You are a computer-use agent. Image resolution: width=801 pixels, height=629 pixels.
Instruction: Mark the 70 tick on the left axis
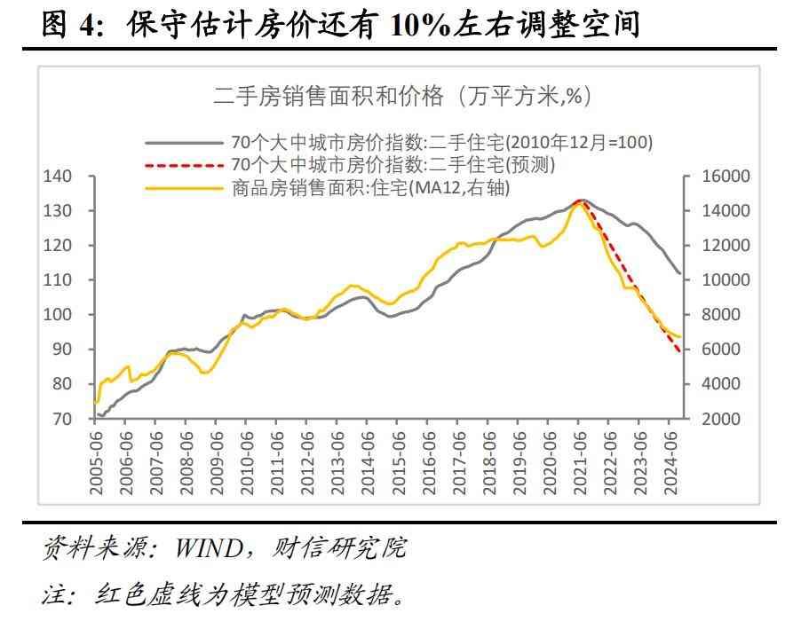click(60, 419)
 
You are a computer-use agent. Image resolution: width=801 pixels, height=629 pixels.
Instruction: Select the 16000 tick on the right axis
click(727, 177)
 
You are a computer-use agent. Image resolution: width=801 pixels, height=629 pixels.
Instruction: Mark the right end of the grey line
click(681, 273)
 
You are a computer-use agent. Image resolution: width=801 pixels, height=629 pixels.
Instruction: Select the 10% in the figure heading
click(421, 24)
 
